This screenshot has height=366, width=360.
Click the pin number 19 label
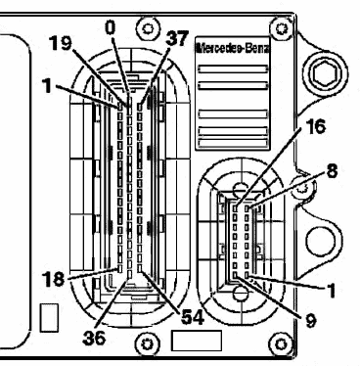[61, 43]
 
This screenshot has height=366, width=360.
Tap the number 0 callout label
[111, 27]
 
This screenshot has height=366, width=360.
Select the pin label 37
[177, 38]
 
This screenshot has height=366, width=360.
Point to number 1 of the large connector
[48, 86]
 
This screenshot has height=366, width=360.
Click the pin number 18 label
[54, 279]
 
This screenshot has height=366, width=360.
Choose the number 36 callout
[95, 338]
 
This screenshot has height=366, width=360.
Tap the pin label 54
[193, 317]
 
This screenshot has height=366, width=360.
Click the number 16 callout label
[316, 126]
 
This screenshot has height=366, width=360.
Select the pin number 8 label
[332, 170]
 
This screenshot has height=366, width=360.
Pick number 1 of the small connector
[331, 291]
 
